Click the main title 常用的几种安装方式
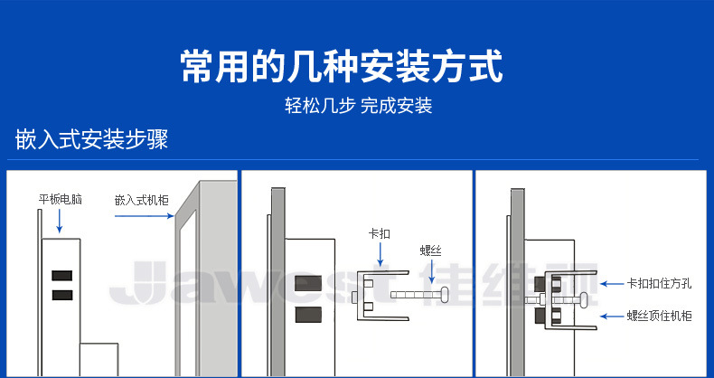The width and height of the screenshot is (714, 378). pos(341,67)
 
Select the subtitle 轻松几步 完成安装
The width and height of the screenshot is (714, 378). pos(358,106)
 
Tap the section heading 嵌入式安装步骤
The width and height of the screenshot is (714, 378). pos(92,140)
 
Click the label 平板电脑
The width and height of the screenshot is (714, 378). pos(60,199)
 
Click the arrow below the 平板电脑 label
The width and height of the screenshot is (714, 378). pos(60,221)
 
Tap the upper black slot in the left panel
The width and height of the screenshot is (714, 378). pos(62,275)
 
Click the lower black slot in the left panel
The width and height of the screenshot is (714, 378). pos(62,296)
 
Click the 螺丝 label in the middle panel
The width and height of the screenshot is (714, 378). pos(431,250)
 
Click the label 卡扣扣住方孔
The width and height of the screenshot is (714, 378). pos(659,283)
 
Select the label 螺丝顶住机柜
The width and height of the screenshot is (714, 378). pos(659,317)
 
